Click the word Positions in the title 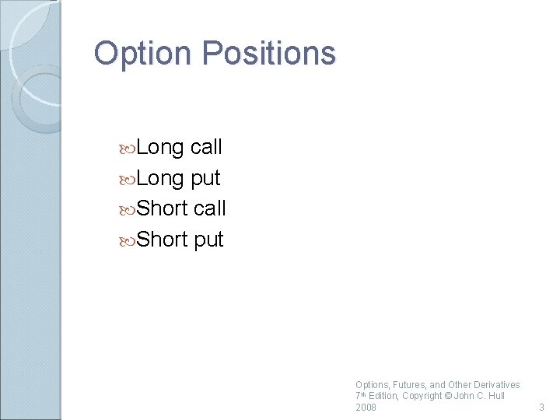pyautogui.click(x=268, y=54)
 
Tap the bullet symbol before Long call pyautogui.click(x=128, y=148)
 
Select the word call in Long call pyautogui.click(x=206, y=147)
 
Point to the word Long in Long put pyautogui.click(x=160, y=178)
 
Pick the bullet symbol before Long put pyautogui.click(x=128, y=179)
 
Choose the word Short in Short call pyautogui.click(x=162, y=208)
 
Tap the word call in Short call pyautogui.click(x=209, y=208)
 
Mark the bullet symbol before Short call pyautogui.click(x=128, y=209)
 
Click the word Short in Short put pyautogui.click(x=162, y=240)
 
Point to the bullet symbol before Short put pyautogui.click(x=128, y=240)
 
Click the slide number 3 pyautogui.click(x=541, y=407)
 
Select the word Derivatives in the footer pyautogui.click(x=495, y=385)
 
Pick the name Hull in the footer pyautogui.click(x=495, y=396)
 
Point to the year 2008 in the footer pyautogui.click(x=366, y=407)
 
